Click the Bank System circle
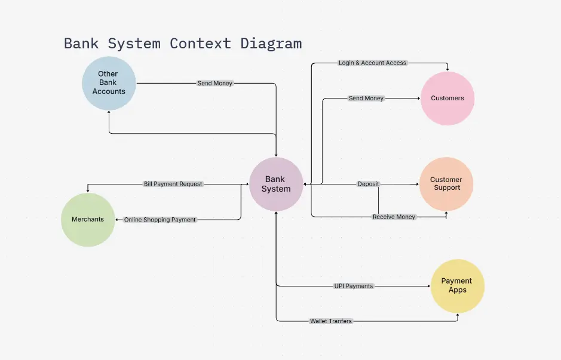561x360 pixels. [276, 184]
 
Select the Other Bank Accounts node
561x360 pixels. [109, 83]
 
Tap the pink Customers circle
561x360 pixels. [447, 98]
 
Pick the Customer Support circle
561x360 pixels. [446, 184]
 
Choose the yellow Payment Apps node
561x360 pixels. [457, 286]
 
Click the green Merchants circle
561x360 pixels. [88, 220]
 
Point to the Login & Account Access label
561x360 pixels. [372, 63]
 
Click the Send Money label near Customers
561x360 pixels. [366, 98]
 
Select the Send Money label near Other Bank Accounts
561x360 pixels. [215, 83]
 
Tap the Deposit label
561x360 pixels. [368, 184]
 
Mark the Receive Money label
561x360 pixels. [394, 217]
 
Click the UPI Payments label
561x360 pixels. [354, 286]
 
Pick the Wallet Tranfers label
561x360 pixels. [331, 321]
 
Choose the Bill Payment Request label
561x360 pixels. [173, 184]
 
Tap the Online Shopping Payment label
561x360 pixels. [160, 220]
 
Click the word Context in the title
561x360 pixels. [200, 44]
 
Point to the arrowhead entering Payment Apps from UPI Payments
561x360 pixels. [428, 286]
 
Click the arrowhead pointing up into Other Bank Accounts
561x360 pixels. [109, 113]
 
